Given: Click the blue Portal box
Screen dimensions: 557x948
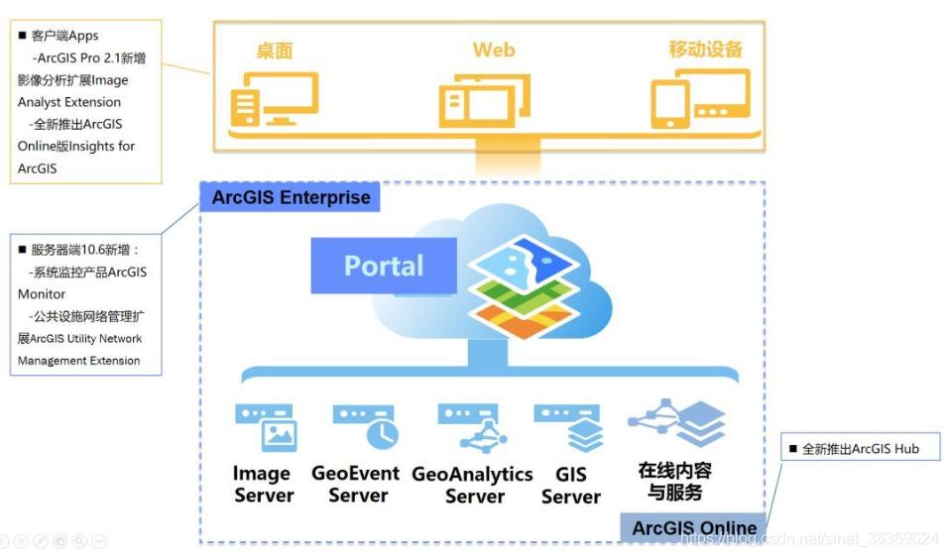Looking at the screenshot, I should pyautogui.click(x=384, y=266).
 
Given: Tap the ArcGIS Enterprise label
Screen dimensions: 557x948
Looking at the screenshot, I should pyautogui.click(x=291, y=197).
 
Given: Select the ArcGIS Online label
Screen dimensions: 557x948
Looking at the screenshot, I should pyautogui.click(x=693, y=527).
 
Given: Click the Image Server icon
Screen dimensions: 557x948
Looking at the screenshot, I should pyautogui.click(x=265, y=427).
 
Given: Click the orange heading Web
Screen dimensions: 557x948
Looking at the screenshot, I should pyautogui.click(x=493, y=50).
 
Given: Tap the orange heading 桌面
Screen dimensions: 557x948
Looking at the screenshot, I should pyautogui.click(x=275, y=51).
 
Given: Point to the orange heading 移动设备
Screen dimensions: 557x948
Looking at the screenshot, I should pyautogui.click(x=705, y=50).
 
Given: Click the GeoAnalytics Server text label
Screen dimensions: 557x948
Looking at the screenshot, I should pyautogui.click(x=472, y=485).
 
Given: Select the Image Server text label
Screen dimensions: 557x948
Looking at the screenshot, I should pyautogui.click(x=263, y=485).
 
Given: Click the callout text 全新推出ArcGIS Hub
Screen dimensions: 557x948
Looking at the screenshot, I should pyautogui.click(x=860, y=449).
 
